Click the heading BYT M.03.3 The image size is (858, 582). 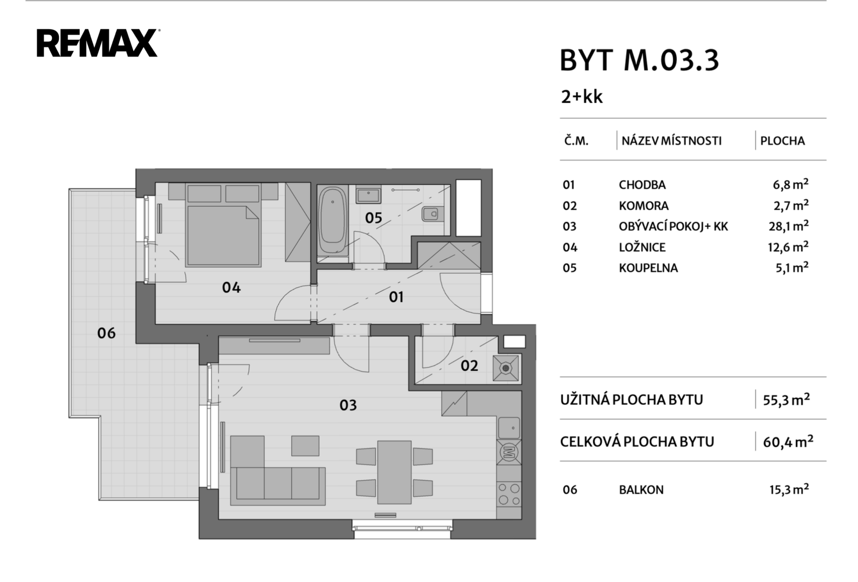(639, 60)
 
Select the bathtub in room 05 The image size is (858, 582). (333, 220)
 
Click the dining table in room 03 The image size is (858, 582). (394, 472)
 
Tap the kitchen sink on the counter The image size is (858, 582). (509, 428)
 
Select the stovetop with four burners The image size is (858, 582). (509, 494)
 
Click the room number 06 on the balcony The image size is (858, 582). (106, 333)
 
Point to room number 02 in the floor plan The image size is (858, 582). (469, 366)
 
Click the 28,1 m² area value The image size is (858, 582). (788, 226)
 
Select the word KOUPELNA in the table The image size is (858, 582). (648, 268)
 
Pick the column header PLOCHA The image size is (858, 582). (782, 141)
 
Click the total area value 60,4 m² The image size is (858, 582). (788, 442)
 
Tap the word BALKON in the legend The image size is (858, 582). (641, 490)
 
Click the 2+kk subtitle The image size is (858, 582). (581, 97)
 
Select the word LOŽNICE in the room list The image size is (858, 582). (642, 247)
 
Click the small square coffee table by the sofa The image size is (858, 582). (305, 446)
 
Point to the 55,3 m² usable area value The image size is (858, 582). (786, 400)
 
